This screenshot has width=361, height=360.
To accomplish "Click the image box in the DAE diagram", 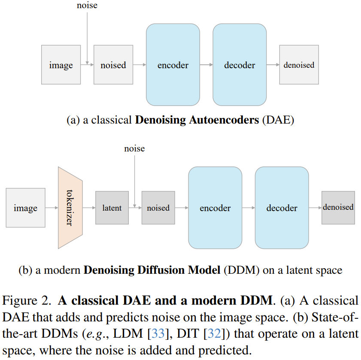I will [x=61, y=65].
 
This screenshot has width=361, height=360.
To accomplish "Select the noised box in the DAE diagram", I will [x=113, y=65].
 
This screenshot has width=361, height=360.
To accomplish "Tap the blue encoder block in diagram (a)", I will [x=173, y=65].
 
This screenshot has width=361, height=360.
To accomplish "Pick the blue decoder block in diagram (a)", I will [x=240, y=65].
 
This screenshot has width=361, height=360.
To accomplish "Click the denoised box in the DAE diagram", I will [x=299, y=65].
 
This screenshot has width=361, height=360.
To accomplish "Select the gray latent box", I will [x=112, y=208].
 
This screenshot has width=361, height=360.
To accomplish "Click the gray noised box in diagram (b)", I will [x=158, y=208].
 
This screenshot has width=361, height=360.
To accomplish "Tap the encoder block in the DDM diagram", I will [x=215, y=208].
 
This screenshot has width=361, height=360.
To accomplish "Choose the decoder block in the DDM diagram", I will [x=282, y=208].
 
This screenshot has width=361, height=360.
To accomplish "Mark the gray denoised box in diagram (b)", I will [x=338, y=207].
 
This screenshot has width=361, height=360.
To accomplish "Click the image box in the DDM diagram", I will [x=25, y=208].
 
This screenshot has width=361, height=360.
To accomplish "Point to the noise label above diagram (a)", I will [x=87, y=6].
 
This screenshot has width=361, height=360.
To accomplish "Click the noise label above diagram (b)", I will [x=134, y=148].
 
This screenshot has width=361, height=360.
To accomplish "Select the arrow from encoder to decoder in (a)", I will [x=206, y=65].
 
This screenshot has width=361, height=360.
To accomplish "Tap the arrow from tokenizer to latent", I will [x=89, y=208].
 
